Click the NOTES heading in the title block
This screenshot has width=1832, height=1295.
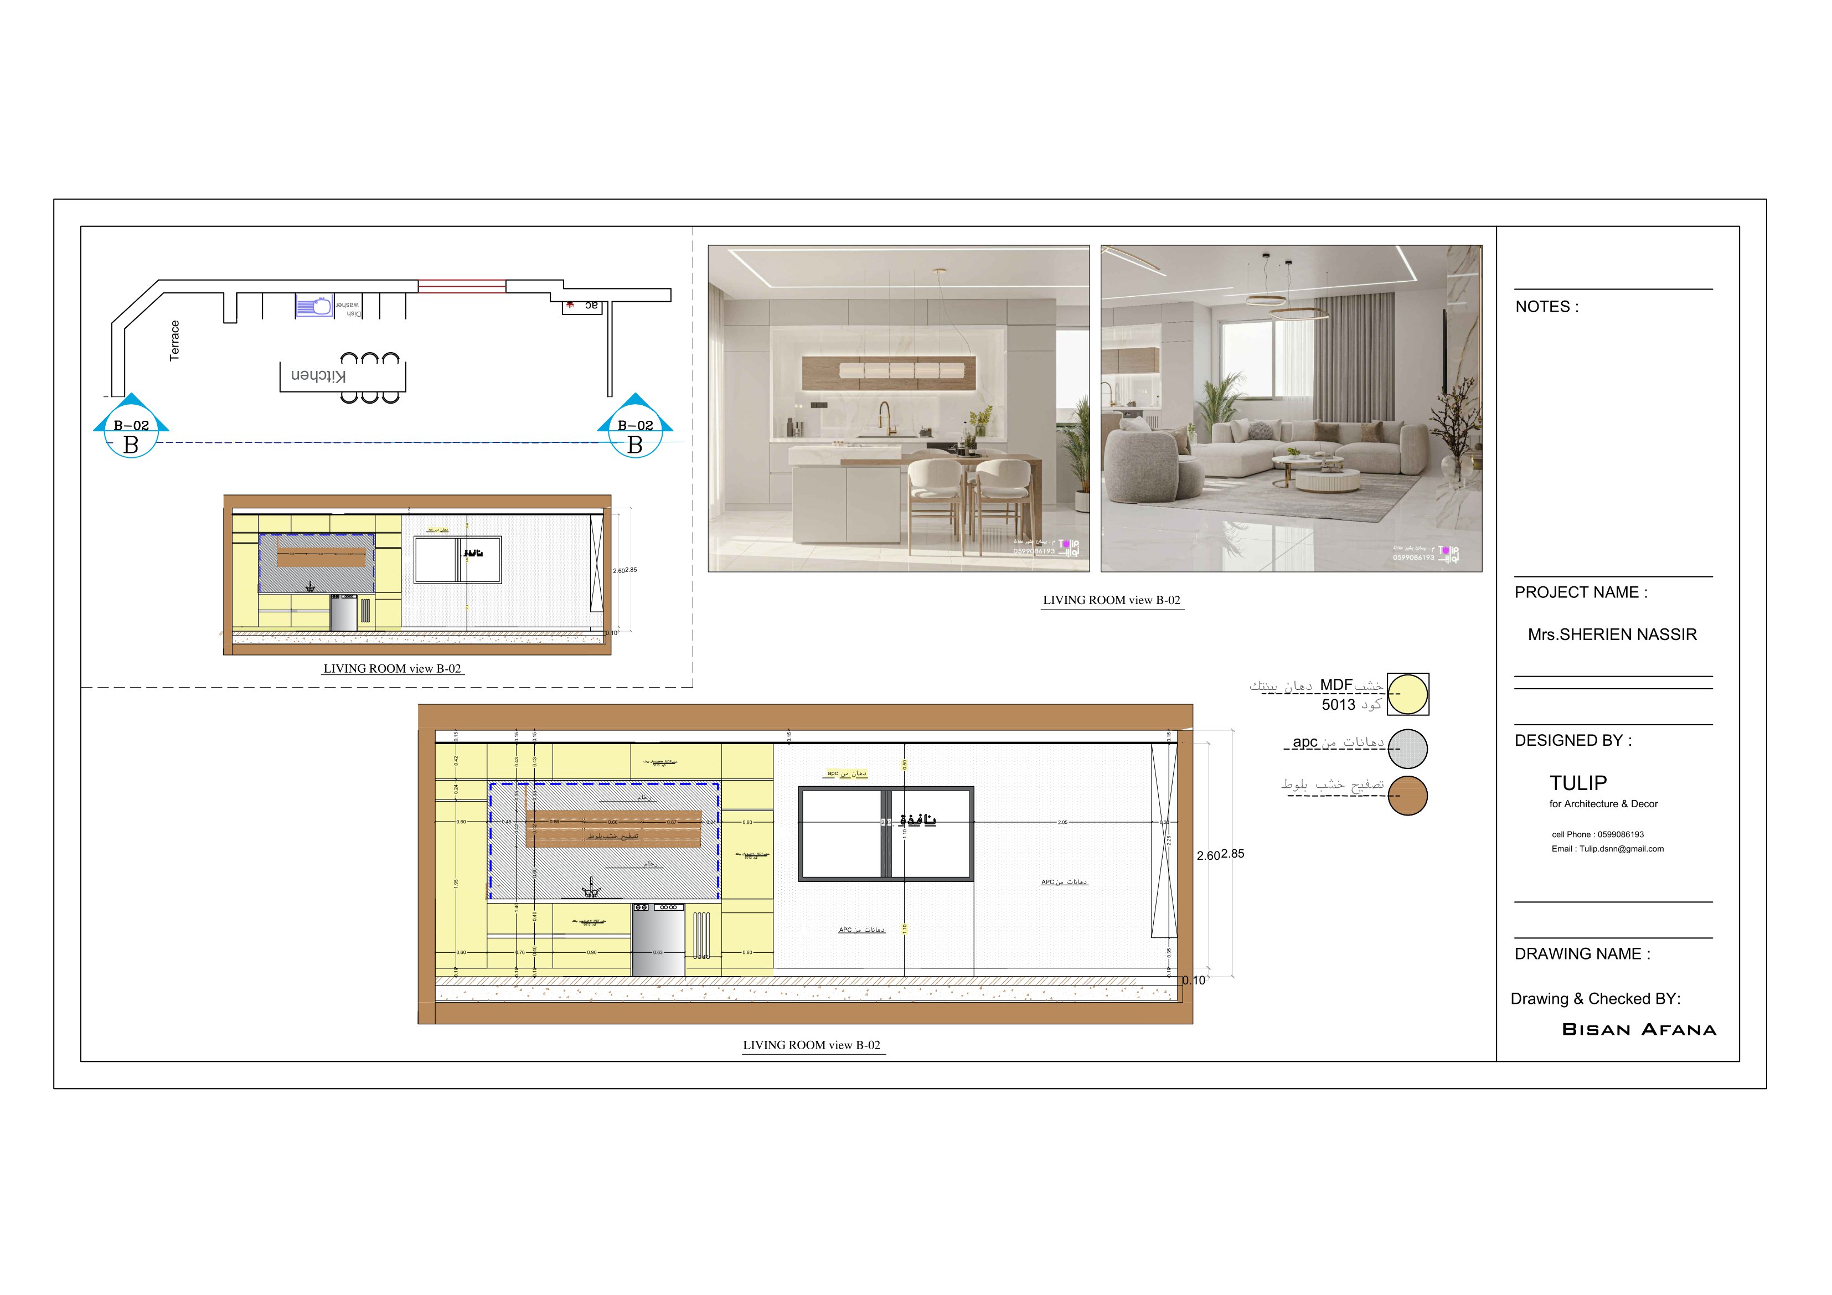click(1546, 307)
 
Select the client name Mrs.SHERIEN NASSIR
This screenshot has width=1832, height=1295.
click(1612, 635)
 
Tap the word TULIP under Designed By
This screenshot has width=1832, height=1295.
click(1577, 783)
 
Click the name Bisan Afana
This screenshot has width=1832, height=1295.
click(1639, 1030)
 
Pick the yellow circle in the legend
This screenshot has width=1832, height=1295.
click(1407, 694)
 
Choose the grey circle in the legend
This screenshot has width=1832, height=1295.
click(1407, 749)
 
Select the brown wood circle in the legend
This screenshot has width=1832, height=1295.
click(1407, 796)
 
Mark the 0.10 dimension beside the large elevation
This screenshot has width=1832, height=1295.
click(1194, 981)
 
